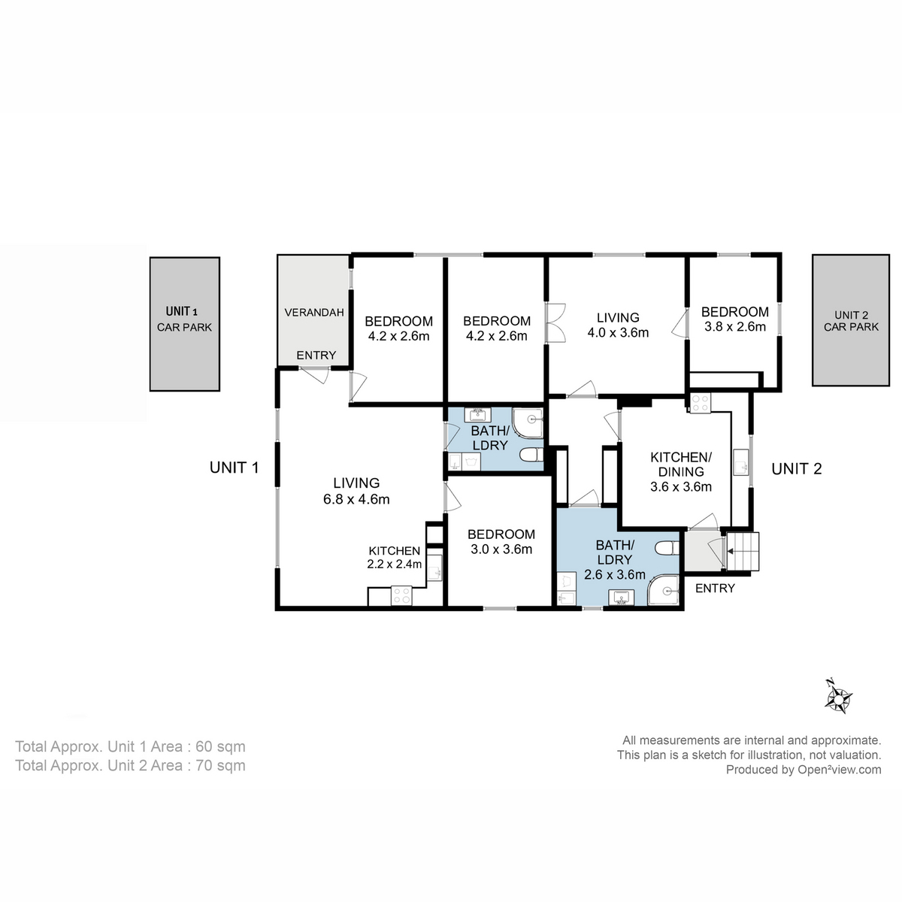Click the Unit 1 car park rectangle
pos(184,324)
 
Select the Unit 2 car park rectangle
pos(851,320)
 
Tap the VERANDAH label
pos(314,312)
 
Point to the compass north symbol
pos(837,696)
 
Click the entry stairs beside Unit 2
pos(742,552)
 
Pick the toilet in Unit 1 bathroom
pos(531,455)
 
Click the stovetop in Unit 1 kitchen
pos(401,595)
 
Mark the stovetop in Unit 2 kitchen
pos(700,403)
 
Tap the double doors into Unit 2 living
pos(555,323)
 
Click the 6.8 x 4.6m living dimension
pos(356,499)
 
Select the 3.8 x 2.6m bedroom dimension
pos(734,327)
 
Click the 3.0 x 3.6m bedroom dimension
pos(501,549)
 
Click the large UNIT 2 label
pos(796,469)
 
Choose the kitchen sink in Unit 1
pos(434,572)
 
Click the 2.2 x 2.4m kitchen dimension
pos(394,565)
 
